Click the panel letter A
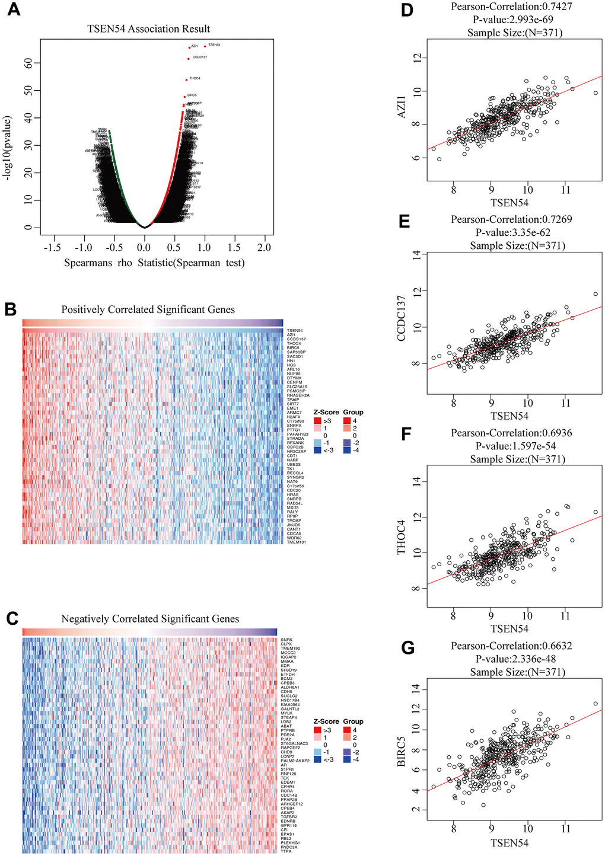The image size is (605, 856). tap(13, 10)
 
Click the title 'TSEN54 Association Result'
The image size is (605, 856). tap(148, 28)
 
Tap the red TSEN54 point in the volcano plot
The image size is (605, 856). tap(205, 46)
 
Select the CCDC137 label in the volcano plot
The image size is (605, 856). tap(200, 58)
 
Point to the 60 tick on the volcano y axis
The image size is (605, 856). tap(29, 62)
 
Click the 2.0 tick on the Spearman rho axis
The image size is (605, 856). tap(264, 247)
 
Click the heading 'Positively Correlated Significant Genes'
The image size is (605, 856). tap(148, 309)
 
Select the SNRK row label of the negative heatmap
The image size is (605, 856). tap(286, 640)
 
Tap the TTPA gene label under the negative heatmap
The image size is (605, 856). tap(285, 851)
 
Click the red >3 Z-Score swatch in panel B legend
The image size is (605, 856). tap(317, 420)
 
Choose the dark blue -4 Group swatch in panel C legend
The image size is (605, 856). tap(346, 759)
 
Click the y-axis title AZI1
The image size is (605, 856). tap(402, 107)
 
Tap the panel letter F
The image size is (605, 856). tap(406, 435)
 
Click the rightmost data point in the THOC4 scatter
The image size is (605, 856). tap(596, 512)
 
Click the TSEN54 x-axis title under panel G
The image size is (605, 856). tap(509, 842)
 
